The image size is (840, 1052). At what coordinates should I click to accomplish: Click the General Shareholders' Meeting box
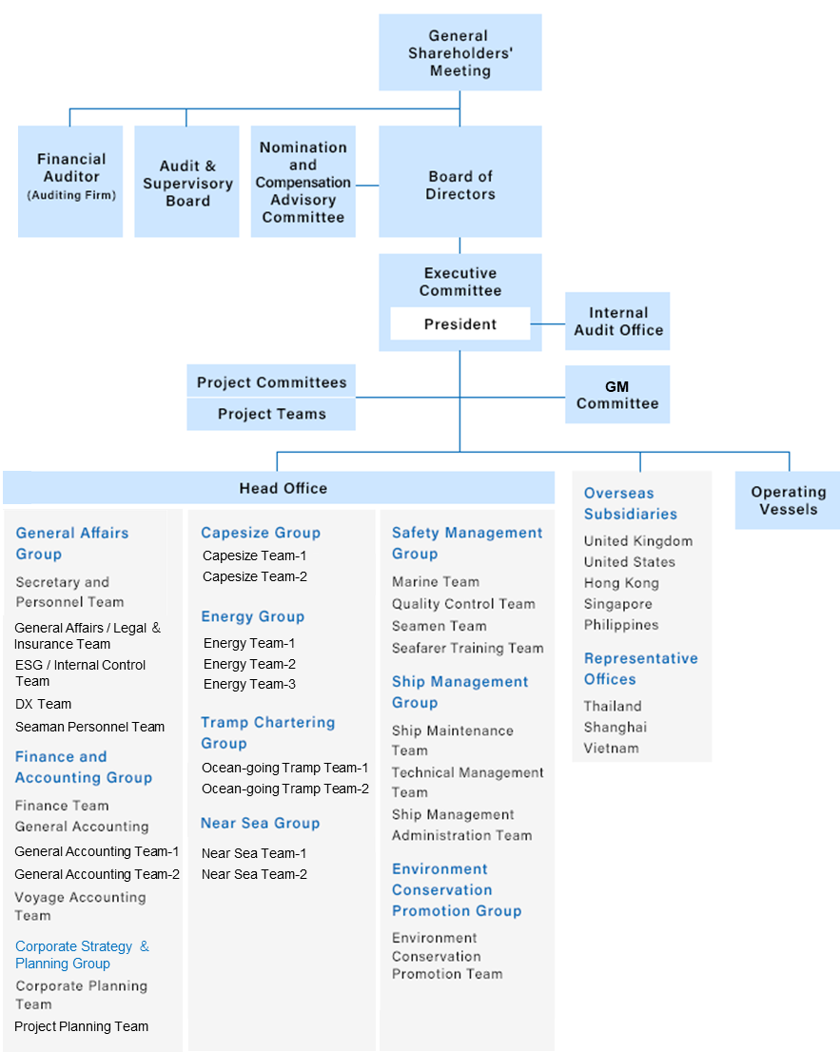(x=460, y=52)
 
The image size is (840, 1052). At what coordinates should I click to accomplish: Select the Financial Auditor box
(x=70, y=181)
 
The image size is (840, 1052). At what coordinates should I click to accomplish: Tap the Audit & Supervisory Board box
(x=186, y=181)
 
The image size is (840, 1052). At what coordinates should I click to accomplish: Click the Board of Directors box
(x=460, y=181)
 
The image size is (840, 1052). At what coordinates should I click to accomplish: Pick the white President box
(x=460, y=324)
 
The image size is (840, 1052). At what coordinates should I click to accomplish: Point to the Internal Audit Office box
(x=617, y=321)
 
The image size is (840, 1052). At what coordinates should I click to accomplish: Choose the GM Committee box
(x=617, y=395)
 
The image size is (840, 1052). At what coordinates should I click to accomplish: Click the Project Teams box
(x=271, y=414)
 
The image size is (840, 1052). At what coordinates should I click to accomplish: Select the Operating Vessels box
(x=788, y=499)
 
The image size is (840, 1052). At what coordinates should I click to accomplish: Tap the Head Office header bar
(x=279, y=488)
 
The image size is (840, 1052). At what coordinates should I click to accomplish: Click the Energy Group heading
(x=253, y=616)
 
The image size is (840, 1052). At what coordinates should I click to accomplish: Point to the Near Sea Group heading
(x=261, y=823)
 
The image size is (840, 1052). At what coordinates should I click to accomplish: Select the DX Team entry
(x=43, y=704)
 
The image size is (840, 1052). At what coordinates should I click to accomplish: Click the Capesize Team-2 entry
(x=255, y=576)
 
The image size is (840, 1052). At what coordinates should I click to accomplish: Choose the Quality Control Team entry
(x=463, y=604)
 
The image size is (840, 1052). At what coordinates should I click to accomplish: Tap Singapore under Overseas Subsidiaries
(x=618, y=604)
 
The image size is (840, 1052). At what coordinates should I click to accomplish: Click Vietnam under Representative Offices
(x=612, y=748)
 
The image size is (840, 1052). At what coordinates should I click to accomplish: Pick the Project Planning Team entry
(x=81, y=1026)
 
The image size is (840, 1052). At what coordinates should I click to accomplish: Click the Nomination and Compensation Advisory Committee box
(x=303, y=181)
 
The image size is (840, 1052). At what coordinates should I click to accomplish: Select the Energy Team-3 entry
(x=249, y=684)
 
